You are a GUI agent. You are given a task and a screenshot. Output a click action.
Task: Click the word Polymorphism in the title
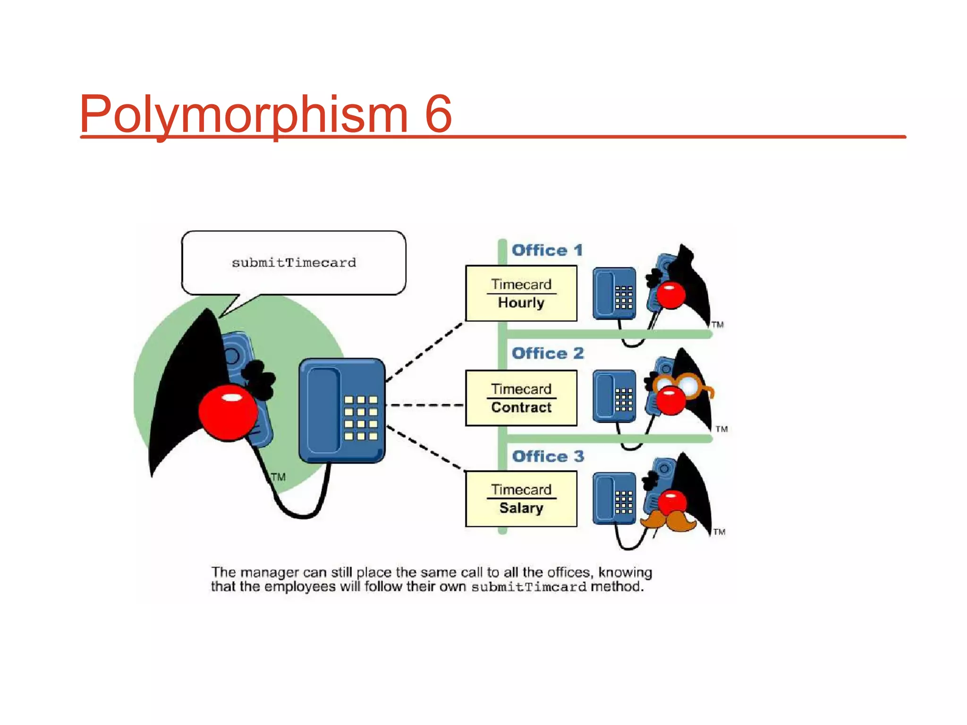(x=243, y=114)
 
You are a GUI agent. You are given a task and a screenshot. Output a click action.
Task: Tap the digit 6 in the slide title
(x=438, y=114)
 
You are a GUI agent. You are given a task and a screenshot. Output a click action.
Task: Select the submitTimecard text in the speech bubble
(x=294, y=262)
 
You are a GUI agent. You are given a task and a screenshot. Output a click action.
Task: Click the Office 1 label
(x=547, y=250)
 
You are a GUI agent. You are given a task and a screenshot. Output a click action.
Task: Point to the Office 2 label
(x=548, y=353)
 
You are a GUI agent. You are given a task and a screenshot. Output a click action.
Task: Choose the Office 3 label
(x=548, y=456)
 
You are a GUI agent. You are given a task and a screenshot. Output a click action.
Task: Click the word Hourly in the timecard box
(x=521, y=303)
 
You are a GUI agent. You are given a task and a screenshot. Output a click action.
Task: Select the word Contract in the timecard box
(x=521, y=407)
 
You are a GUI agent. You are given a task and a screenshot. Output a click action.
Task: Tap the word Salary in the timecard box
(x=521, y=508)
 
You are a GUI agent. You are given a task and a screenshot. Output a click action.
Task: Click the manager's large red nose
(x=228, y=412)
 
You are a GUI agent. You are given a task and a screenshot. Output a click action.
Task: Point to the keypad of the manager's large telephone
(x=361, y=418)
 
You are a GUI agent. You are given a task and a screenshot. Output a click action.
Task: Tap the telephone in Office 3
(x=614, y=498)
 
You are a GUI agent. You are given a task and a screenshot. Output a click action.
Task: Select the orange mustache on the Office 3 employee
(x=668, y=521)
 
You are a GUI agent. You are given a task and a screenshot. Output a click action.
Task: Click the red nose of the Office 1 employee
(x=670, y=295)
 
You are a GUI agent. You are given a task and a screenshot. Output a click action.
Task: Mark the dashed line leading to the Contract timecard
(x=425, y=405)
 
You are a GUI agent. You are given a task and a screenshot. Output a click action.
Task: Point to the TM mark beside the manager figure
(x=278, y=477)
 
